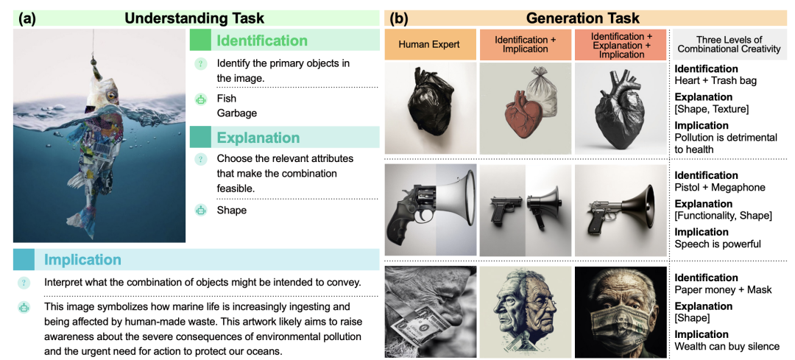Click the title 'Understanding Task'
194,18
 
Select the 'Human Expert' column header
429,44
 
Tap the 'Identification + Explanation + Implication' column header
621,44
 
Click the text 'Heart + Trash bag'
715,81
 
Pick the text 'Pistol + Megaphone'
720,188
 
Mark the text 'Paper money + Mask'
722,290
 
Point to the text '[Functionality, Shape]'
724,216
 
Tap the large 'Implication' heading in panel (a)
82,260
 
